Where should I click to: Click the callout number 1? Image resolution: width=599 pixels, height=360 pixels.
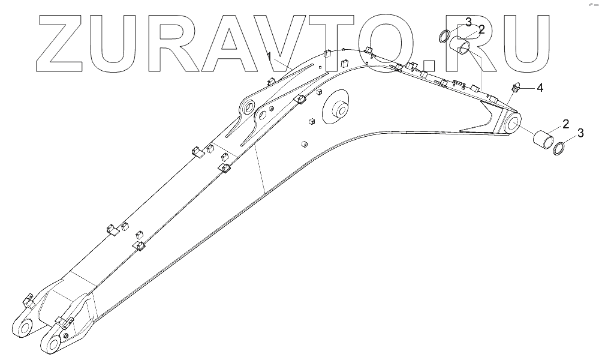click(x=270, y=56)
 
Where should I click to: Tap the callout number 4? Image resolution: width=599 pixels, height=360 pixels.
click(x=540, y=88)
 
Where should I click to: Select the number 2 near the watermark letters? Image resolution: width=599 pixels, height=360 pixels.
click(x=481, y=29)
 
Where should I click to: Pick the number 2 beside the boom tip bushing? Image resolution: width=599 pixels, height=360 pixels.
click(x=565, y=124)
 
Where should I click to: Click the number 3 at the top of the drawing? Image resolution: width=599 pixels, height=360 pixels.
click(x=468, y=23)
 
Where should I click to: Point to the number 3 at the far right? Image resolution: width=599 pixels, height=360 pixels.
click(x=580, y=132)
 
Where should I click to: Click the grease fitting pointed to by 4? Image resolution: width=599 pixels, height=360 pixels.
click(x=515, y=90)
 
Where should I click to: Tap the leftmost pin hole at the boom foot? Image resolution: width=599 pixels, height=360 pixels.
click(x=25, y=328)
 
